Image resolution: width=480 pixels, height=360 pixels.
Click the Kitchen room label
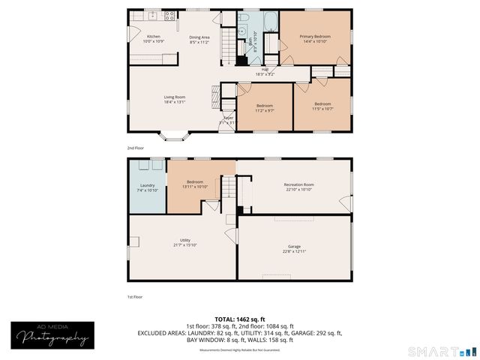tap(154, 38)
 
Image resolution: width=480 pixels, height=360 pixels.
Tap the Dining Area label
tap(199, 38)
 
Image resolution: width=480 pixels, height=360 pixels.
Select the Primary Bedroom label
tap(315, 38)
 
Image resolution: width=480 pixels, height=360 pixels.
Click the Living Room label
tap(175, 99)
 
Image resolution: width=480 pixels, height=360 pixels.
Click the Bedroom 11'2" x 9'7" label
tap(264, 107)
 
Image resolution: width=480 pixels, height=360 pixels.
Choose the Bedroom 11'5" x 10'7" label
tap(322, 106)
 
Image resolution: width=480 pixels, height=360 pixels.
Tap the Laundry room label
tap(147, 187)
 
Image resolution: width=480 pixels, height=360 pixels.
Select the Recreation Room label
tap(298, 187)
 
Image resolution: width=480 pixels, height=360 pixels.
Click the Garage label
tap(294, 248)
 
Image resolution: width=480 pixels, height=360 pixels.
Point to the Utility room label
tap(184, 242)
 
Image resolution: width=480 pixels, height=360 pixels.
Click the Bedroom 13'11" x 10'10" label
tap(196, 183)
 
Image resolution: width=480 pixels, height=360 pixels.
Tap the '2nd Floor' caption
tap(135, 148)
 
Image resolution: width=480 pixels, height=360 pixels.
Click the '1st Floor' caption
tap(135, 297)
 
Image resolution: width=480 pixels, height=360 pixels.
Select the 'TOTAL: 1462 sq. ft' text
tap(240, 319)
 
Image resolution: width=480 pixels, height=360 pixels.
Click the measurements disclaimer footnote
tap(240, 350)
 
